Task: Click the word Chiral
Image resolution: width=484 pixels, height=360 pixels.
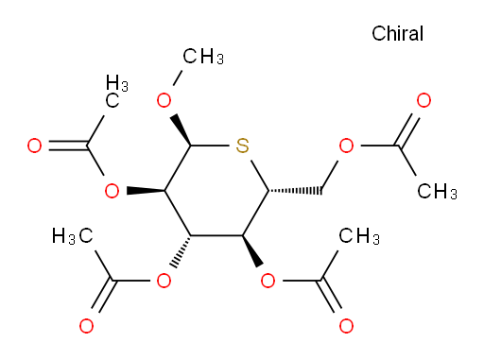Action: point(397,33)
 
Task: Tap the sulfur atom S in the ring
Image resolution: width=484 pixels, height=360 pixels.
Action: point(242,146)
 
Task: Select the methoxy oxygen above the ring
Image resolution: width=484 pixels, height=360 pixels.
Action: point(164,100)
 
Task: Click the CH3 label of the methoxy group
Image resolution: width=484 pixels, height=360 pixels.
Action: point(203,57)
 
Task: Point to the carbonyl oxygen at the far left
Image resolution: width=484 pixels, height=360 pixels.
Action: point(34,146)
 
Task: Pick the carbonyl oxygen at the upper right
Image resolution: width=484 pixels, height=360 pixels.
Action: point(423,100)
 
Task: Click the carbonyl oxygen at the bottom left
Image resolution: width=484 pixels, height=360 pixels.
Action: point(86,326)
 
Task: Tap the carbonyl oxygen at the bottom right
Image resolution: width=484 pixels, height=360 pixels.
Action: point(346,326)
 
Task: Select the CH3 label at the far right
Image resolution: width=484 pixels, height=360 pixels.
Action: point(437,191)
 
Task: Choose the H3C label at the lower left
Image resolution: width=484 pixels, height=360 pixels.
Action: point(73,236)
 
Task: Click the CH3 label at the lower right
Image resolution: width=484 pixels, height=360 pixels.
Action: point(359,236)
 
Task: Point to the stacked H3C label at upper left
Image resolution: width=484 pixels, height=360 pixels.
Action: point(117,92)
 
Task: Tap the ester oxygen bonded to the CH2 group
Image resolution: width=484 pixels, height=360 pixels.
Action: point(346,146)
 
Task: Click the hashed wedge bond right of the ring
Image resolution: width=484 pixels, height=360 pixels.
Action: point(295,191)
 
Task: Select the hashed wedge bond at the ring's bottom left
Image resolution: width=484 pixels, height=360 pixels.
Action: point(181,251)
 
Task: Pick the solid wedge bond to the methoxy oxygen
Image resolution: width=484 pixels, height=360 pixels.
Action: point(181,130)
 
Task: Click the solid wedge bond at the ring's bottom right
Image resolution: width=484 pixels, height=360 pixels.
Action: point(252,251)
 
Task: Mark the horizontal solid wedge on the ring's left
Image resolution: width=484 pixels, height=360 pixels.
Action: point(146,191)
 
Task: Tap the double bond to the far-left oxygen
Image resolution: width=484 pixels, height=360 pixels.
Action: point(68,146)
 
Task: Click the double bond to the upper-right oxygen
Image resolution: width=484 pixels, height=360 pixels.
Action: point(408,129)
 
